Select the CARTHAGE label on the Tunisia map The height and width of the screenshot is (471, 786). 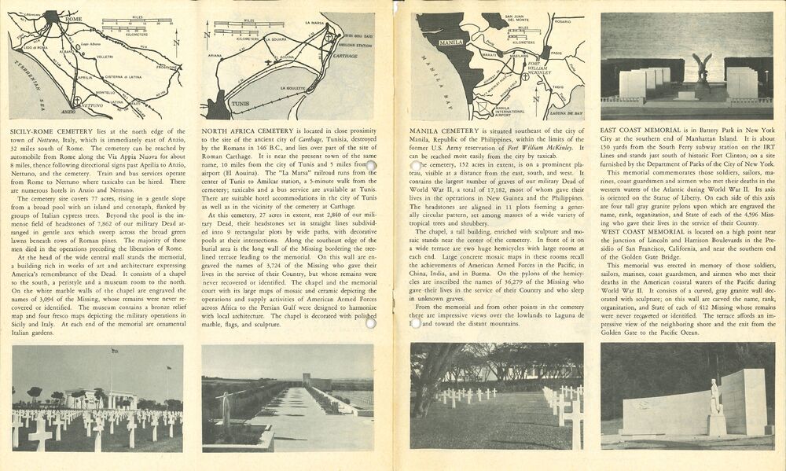(x=345, y=57)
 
